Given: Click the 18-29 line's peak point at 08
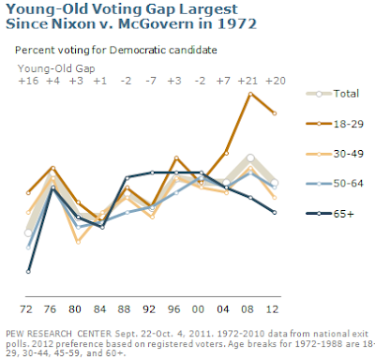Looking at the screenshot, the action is [x=250, y=94].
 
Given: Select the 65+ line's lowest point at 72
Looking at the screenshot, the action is [x=28, y=272].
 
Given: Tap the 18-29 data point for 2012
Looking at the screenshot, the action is [x=275, y=113].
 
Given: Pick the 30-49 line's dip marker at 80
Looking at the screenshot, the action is [x=78, y=242].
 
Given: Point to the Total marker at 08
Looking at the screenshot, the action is [x=250, y=158].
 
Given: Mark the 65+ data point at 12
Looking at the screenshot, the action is [x=275, y=213].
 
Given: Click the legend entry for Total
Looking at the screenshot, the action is [x=333, y=94].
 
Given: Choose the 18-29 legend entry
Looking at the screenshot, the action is [x=335, y=124].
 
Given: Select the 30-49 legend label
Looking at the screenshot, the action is [x=349, y=154].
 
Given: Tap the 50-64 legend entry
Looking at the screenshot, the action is [x=335, y=183].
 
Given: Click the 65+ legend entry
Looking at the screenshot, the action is [x=330, y=214].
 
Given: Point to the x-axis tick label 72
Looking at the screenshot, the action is [x=26, y=309].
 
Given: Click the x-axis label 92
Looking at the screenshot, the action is [x=149, y=309].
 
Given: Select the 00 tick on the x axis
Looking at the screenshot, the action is [x=198, y=309].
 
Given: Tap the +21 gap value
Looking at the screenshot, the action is [x=247, y=81].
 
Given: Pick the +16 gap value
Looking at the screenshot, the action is [x=28, y=81].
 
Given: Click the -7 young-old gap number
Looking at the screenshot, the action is [x=151, y=81].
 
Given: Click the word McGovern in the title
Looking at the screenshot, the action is [x=155, y=24].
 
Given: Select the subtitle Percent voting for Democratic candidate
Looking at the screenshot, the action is [x=116, y=50].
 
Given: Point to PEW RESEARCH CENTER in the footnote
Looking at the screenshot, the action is [x=58, y=334].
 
